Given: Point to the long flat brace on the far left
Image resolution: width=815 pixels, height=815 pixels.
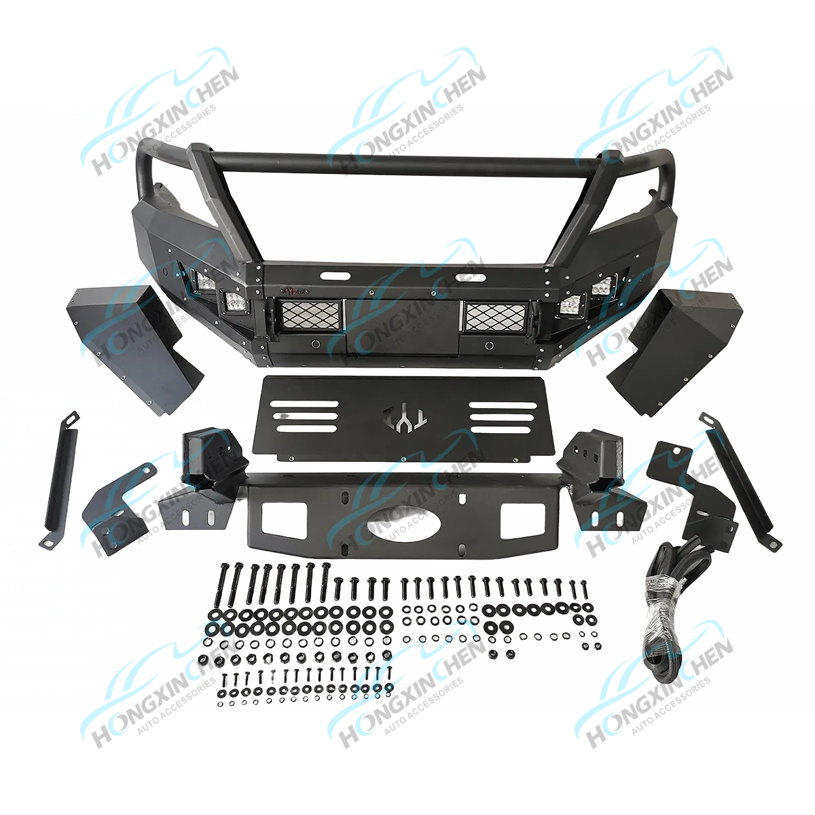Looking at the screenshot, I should coord(60,479).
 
